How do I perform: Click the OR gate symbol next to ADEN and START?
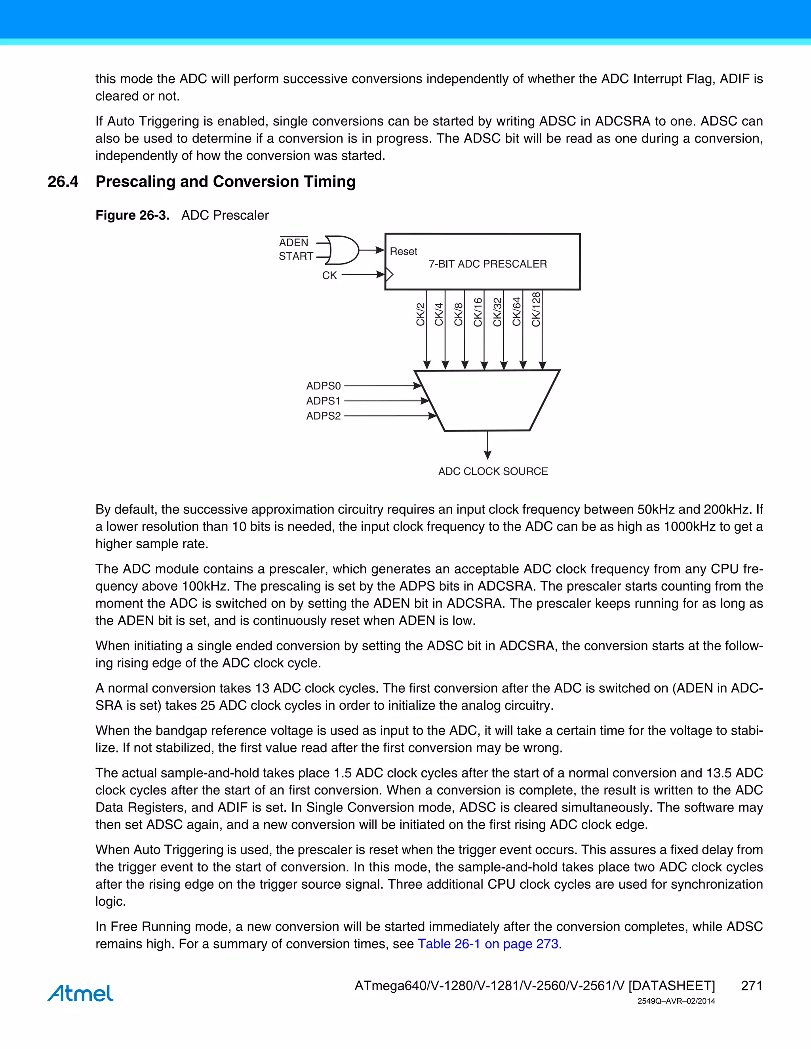(x=342, y=250)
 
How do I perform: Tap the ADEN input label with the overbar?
(x=293, y=243)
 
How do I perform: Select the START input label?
(x=296, y=257)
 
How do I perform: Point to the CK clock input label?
(x=329, y=275)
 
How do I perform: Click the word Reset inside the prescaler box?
(x=404, y=252)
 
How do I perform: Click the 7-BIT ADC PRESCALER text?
(x=487, y=264)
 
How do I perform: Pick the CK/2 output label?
(x=421, y=315)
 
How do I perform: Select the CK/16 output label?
(x=478, y=312)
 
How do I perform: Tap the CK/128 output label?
(x=536, y=309)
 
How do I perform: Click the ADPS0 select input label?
(x=324, y=386)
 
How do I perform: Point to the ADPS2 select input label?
(x=324, y=416)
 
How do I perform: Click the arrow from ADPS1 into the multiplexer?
(x=387, y=401)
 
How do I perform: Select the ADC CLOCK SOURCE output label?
(x=493, y=471)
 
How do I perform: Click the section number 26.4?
(x=63, y=182)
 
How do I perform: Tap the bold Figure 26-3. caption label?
(x=133, y=215)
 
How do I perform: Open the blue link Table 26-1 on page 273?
(x=487, y=944)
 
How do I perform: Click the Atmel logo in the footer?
(x=80, y=993)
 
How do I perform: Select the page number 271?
(x=752, y=986)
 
